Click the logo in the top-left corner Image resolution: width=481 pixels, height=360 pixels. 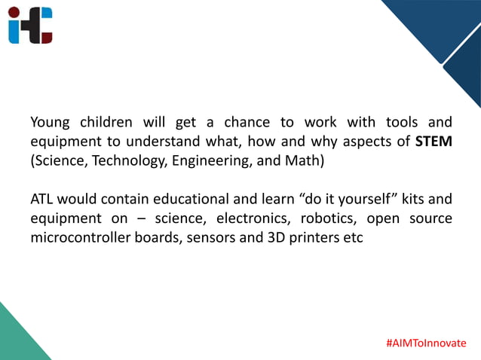coord(31,25)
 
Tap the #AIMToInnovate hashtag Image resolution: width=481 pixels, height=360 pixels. coord(426,343)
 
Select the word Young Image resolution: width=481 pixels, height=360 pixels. coord(50,122)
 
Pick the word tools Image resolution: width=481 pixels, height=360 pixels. coord(402,122)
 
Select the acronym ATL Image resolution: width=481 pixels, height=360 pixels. coord(41,200)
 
